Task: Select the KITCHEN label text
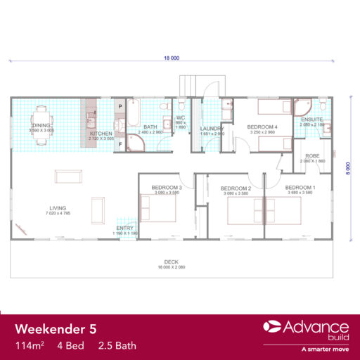click(x=100, y=134)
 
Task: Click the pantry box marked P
click(x=121, y=105)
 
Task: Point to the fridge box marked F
click(x=121, y=144)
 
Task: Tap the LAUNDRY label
click(x=211, y=128)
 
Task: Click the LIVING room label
click(x=58, y=207)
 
